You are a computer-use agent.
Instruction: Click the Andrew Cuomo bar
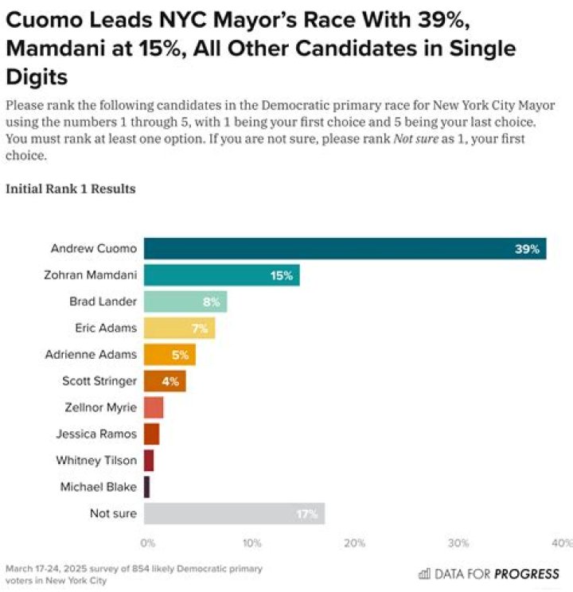[x=345, y=248]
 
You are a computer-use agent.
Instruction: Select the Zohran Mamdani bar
[x=222, y=275]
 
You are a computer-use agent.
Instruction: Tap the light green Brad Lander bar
[x=185, y=302]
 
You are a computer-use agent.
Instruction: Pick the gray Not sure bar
[x=234, y=513]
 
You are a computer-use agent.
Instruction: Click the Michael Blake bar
[x=146, y=487]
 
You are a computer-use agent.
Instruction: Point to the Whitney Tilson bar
[x=149, y=461]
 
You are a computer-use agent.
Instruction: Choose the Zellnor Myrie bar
[x=154, y=407]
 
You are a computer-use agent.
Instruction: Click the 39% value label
[x=527, y=249]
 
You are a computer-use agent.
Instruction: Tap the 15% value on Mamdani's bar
[x=282, y=275]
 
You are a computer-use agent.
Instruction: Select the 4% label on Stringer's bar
[x=170, y=381]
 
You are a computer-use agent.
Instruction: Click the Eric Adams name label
[x=106, y=328]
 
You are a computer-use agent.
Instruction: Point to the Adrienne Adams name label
[x=91, y=354]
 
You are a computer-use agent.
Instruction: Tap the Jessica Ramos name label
[x=96, y=434]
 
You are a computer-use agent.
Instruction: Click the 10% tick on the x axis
[x=252, y=543]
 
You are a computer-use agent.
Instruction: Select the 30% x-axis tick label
[x=458, y=543]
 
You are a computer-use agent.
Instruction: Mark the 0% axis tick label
[x=148, y=543]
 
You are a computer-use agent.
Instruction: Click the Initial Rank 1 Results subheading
[x=71, y=189]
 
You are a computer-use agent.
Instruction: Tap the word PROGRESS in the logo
[x=527, y=574]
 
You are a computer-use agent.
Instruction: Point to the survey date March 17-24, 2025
[x=46, y=568]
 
